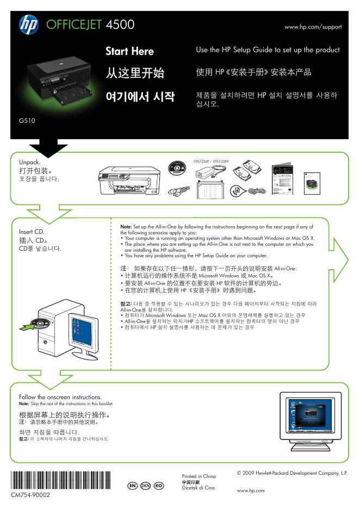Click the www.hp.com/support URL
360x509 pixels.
point(313,27)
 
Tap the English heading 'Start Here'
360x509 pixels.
point(129,51)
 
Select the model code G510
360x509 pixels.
point(27,121)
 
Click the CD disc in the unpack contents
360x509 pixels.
point(177,169)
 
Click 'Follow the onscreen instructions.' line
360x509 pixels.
point(60,397)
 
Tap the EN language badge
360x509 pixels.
point(131,485)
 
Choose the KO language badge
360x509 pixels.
point(158,485)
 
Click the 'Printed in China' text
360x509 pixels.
point(198,476)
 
